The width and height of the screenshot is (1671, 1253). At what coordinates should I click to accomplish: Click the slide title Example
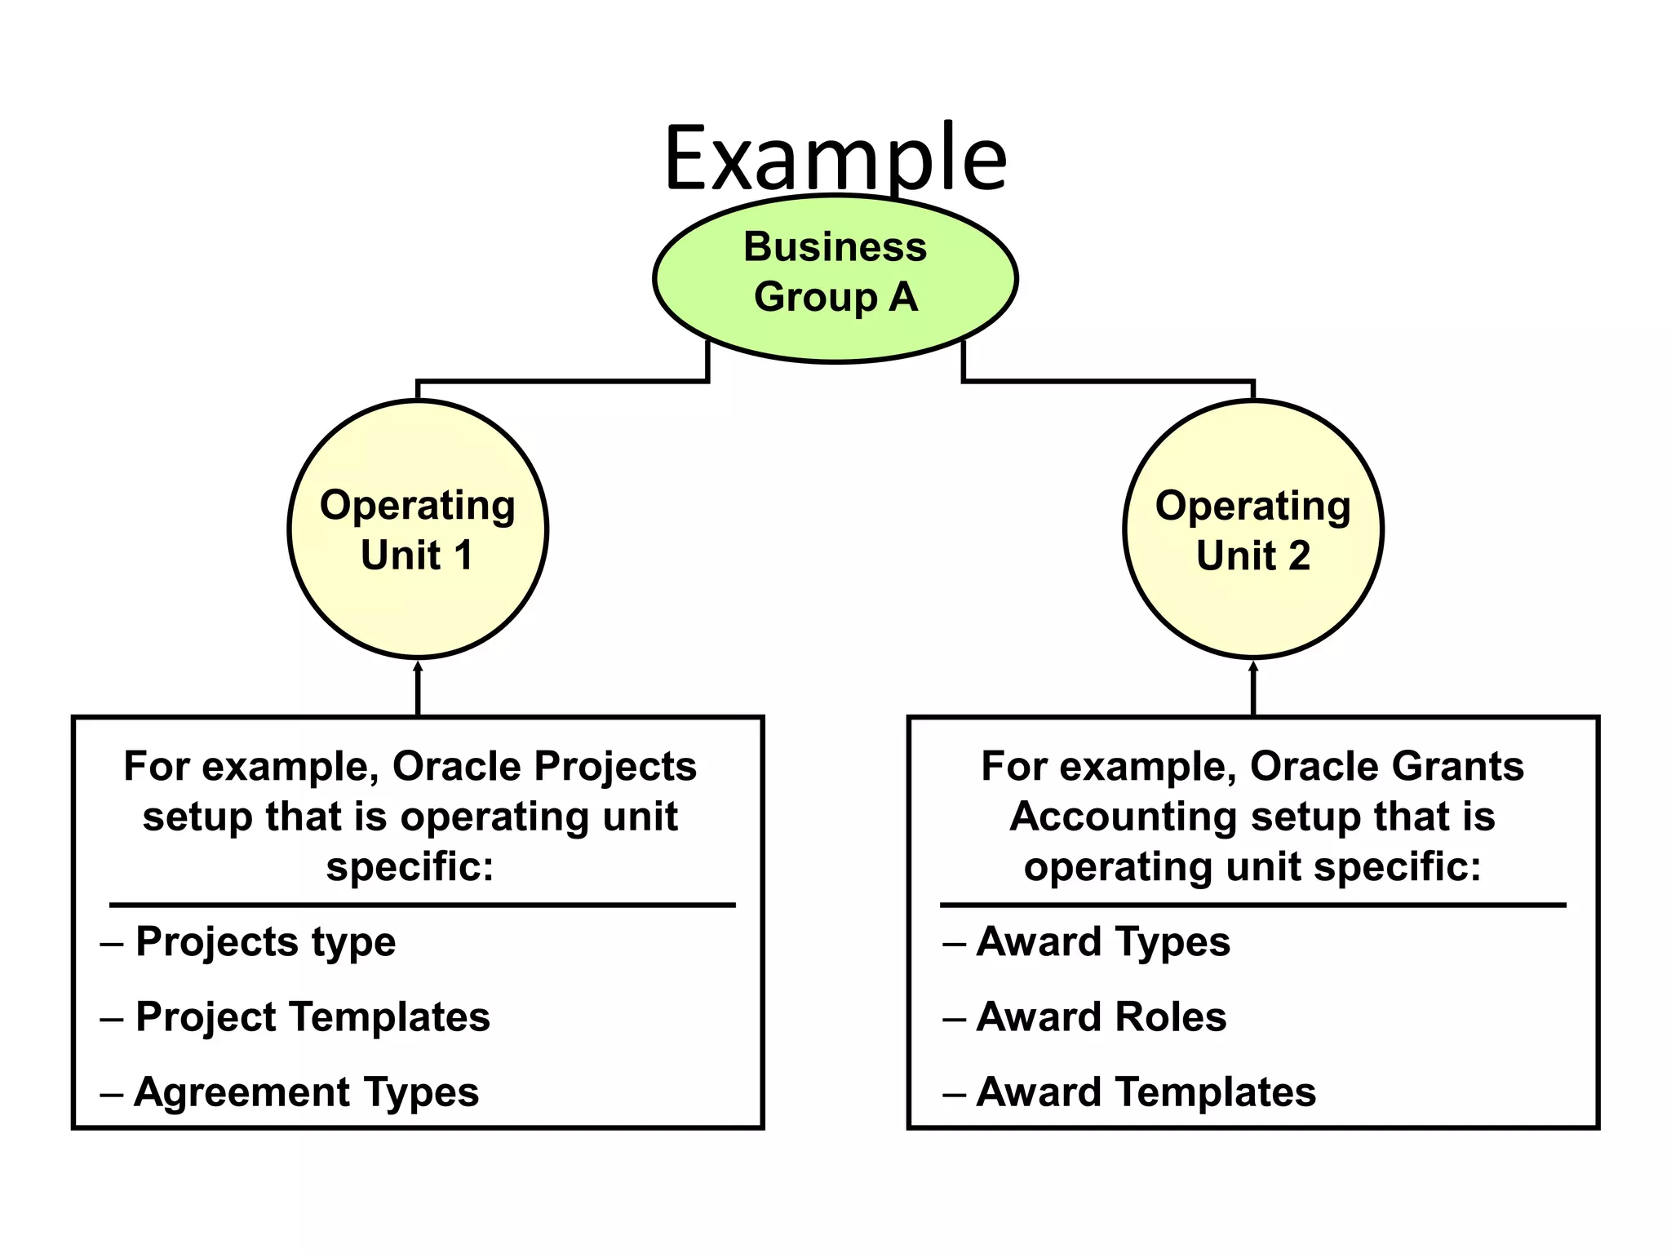[x=835, y=157]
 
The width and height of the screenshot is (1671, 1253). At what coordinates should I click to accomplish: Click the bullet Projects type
[x=265, y=942]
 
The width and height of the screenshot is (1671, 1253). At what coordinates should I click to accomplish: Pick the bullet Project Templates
[x=312, y=1017]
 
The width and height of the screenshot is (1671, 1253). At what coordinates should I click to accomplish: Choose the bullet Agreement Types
[x=306, y=1092]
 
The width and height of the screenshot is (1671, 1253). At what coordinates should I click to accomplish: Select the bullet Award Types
[x=1102, y=942]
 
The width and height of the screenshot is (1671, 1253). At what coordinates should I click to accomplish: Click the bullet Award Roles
[x=1101, y=1017]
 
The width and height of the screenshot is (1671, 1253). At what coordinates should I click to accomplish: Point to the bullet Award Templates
[x=1146, y=1092]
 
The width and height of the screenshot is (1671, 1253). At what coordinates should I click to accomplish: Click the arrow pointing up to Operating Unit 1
[x=418, y=689]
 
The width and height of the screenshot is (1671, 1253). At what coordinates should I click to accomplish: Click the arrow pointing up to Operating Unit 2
[x=1253, y=689]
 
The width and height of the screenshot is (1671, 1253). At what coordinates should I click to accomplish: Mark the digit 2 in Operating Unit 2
[x=1298, y=556]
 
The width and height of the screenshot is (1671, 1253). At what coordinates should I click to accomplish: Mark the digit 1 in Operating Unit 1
[x=463, y=556]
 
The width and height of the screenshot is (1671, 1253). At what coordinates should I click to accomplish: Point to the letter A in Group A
[x=903, y=297]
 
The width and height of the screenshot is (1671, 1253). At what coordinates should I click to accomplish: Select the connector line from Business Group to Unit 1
[x=563, y=381]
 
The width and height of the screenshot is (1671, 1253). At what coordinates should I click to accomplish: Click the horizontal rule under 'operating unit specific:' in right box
[x=1253, y=905]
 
